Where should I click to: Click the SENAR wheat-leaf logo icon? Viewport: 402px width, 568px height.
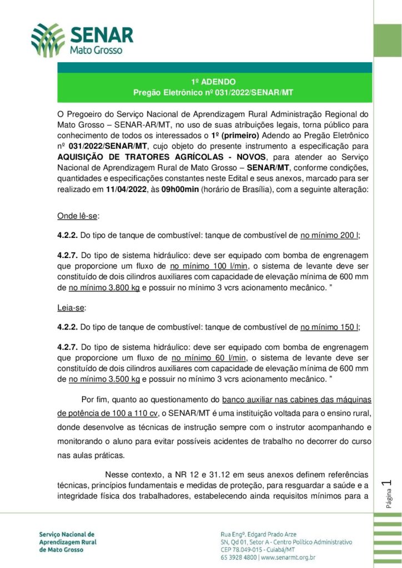48,40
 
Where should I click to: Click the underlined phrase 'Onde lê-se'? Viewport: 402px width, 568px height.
77,215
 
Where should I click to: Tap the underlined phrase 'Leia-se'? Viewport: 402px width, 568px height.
71,307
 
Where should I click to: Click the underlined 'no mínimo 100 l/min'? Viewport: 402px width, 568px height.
207,265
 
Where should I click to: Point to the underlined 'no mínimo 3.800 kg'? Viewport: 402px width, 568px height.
104,288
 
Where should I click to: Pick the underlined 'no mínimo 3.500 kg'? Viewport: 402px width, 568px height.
104,380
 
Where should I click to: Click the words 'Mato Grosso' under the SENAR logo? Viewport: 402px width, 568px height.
93,50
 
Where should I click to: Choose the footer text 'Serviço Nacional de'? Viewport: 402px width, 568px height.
67,534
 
